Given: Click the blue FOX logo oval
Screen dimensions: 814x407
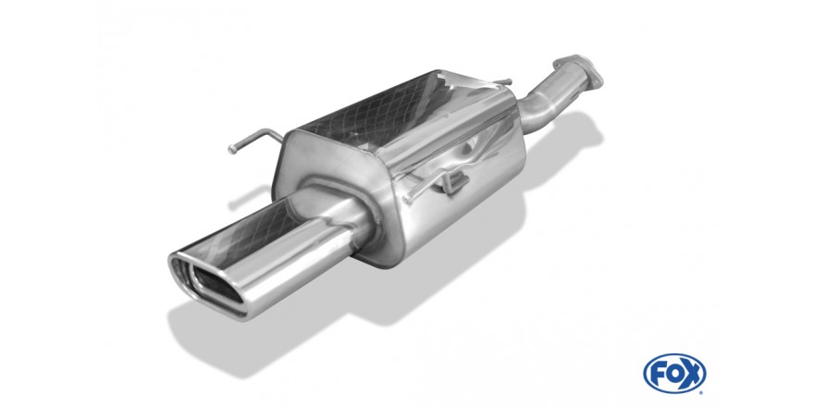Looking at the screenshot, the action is [x=674, y=374].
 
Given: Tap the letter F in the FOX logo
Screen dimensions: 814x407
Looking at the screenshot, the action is [x=656, y=374].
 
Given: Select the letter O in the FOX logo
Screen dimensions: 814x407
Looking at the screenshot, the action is [x=673, y=374].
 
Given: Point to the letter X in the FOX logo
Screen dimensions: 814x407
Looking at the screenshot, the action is [x=693, y=374].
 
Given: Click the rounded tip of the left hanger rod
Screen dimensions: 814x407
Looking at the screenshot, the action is [x=231, y=150].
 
